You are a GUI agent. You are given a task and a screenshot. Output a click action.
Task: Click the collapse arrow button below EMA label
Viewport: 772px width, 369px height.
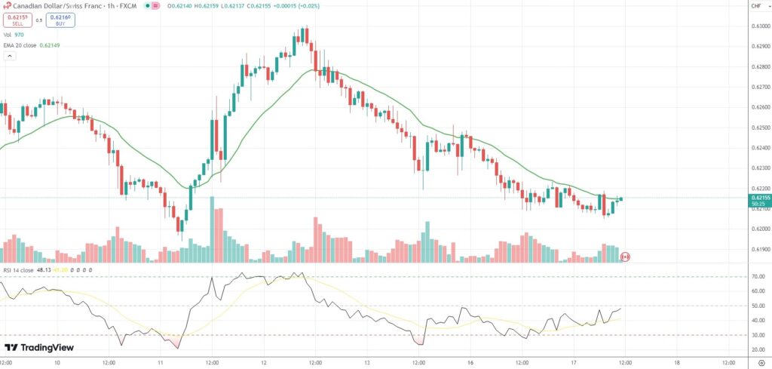pyautogui.click(x=10, y=56)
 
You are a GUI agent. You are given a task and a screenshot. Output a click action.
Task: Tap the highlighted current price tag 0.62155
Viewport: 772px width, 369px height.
pyautogui.click(x=758, y=198)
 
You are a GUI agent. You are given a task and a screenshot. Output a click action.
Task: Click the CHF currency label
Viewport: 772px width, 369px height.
pyautogui.click(x=755, y=6)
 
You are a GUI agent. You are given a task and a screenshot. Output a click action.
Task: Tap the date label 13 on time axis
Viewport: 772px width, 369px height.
pyautogui.click(x=366, y=361)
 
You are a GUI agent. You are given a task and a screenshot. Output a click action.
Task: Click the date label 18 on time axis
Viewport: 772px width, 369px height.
pyautogui.click(x=676, y=361)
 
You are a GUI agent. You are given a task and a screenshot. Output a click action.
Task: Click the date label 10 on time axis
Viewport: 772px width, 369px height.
pyautogui.click(x=57, y=361)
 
